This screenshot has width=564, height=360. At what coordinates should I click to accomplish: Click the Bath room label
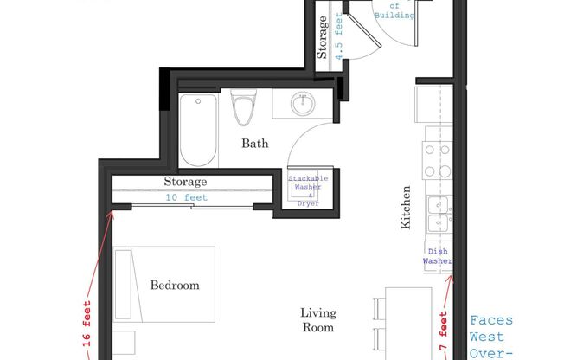tap(254, 144)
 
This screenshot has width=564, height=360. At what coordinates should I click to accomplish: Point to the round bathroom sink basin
tap(303, 105)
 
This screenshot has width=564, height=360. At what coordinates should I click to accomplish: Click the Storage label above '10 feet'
tap(185, 182)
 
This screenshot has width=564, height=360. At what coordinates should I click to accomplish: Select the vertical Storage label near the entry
tap(323, 39)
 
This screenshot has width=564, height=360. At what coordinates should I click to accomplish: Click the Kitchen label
tap(406, 211)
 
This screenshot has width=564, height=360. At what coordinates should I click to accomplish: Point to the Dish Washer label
tap(437, 256)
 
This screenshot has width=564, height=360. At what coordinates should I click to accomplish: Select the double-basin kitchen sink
tap(438, 214)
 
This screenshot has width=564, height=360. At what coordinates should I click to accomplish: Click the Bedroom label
tap(175, 285)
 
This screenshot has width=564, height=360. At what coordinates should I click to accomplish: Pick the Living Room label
tap(318, 320)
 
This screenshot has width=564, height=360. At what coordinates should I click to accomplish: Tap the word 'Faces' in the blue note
tap(490, 320)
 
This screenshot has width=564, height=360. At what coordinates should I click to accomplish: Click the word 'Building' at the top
tap(394, 16)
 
